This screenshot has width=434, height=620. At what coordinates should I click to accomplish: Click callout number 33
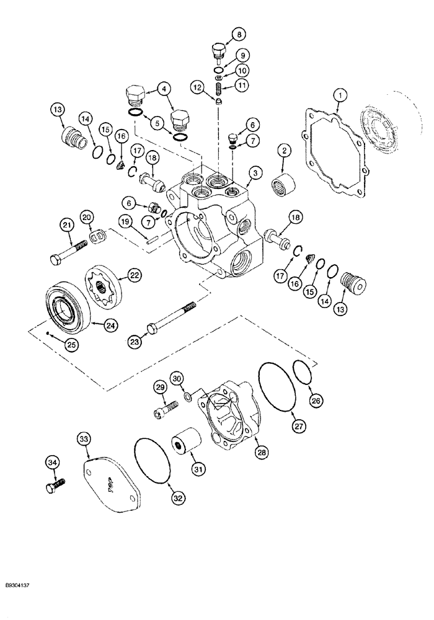[x=83, y=439]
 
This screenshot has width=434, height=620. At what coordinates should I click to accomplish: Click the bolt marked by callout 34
[x=55, y=485]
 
